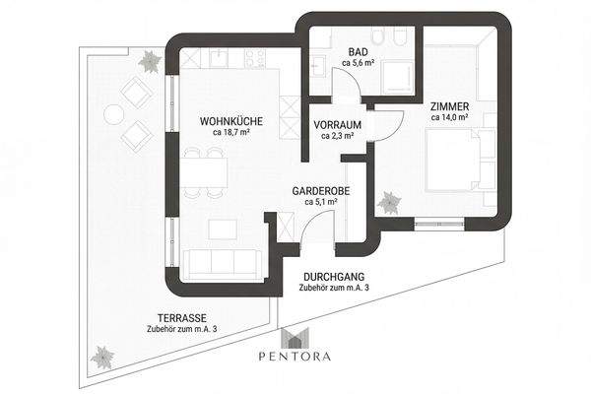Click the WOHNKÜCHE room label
pos(231,121)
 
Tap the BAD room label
pos(359,51)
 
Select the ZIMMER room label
pos(450,106)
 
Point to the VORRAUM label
pos(337,124)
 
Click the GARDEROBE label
pos(321,191)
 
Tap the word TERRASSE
pos(181,318)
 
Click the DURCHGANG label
pos(334,277)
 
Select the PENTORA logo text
pos(295,357)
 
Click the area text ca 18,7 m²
pos(231,132)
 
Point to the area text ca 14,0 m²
pos(450,117)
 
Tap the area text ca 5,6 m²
pos(359,63)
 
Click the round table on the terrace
pos(114,113)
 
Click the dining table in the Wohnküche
pos(204,172)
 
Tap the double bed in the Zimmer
pos(452,160)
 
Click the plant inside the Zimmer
pos(389,203)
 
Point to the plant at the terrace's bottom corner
pos(102,357)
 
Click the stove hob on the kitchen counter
pos(254,58)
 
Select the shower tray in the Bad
pos(397,77)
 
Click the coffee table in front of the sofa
pos(223,230)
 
